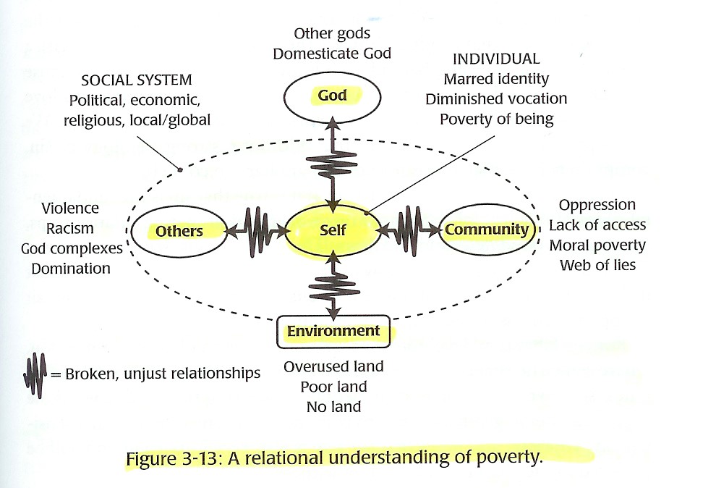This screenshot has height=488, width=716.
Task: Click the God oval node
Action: point(333,96)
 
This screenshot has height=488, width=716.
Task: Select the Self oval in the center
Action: point(333,230)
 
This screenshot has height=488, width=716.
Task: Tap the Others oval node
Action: point(179,231)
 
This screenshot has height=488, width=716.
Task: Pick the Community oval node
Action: point(487,230)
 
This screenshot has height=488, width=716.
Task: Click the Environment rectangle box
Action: point(333,332)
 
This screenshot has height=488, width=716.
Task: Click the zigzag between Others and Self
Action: point(257,230)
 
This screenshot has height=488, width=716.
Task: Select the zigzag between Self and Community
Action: point(410,230)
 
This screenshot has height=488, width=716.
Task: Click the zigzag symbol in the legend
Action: point(34,373)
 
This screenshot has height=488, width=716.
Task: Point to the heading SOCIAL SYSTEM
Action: point(137,80)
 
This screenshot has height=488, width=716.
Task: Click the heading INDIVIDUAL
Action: point(496,59)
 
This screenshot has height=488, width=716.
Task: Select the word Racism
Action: point(69,228)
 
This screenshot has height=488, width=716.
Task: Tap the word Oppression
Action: point(597,205)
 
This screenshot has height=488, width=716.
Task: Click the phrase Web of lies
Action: point(597,265)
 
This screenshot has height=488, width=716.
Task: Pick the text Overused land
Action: point(333,366)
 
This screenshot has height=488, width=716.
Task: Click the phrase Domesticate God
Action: point(332,54)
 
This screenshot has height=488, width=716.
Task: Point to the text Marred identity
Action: point(496,79)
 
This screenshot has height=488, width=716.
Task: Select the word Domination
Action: point(71,268)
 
